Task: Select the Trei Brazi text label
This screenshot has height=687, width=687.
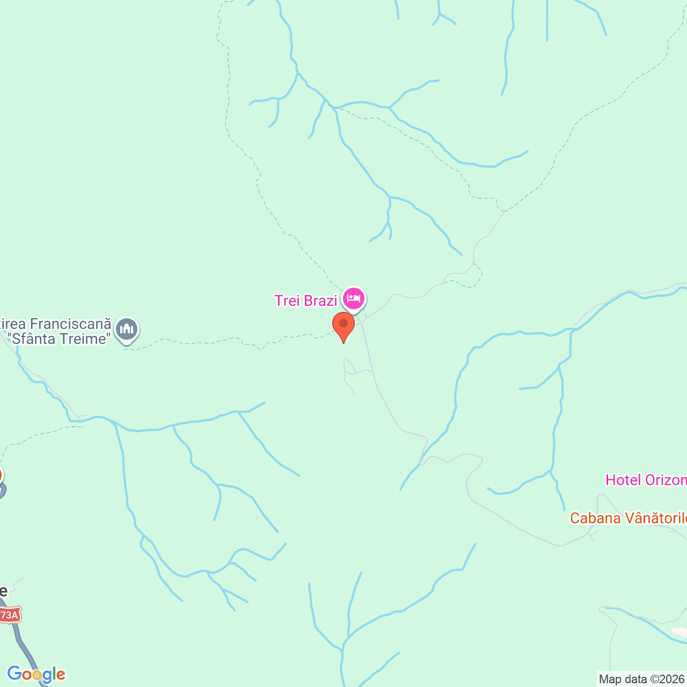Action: point(306,301)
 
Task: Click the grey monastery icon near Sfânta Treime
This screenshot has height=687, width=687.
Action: point(127,330)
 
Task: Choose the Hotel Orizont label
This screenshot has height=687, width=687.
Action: point(646,480)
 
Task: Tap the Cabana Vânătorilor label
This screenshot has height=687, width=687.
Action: point(628,518)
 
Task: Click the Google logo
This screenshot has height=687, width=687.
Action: point(36,674)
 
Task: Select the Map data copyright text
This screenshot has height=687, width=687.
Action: point(642,679)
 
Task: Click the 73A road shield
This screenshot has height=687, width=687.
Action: point(9,615)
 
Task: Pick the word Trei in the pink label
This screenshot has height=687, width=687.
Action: point(287,301)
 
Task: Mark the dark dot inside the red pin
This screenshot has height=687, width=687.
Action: point(343,323)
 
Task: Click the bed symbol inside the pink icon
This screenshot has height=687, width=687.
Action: point(353,297)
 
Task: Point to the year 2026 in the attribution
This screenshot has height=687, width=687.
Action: point(673,679)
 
